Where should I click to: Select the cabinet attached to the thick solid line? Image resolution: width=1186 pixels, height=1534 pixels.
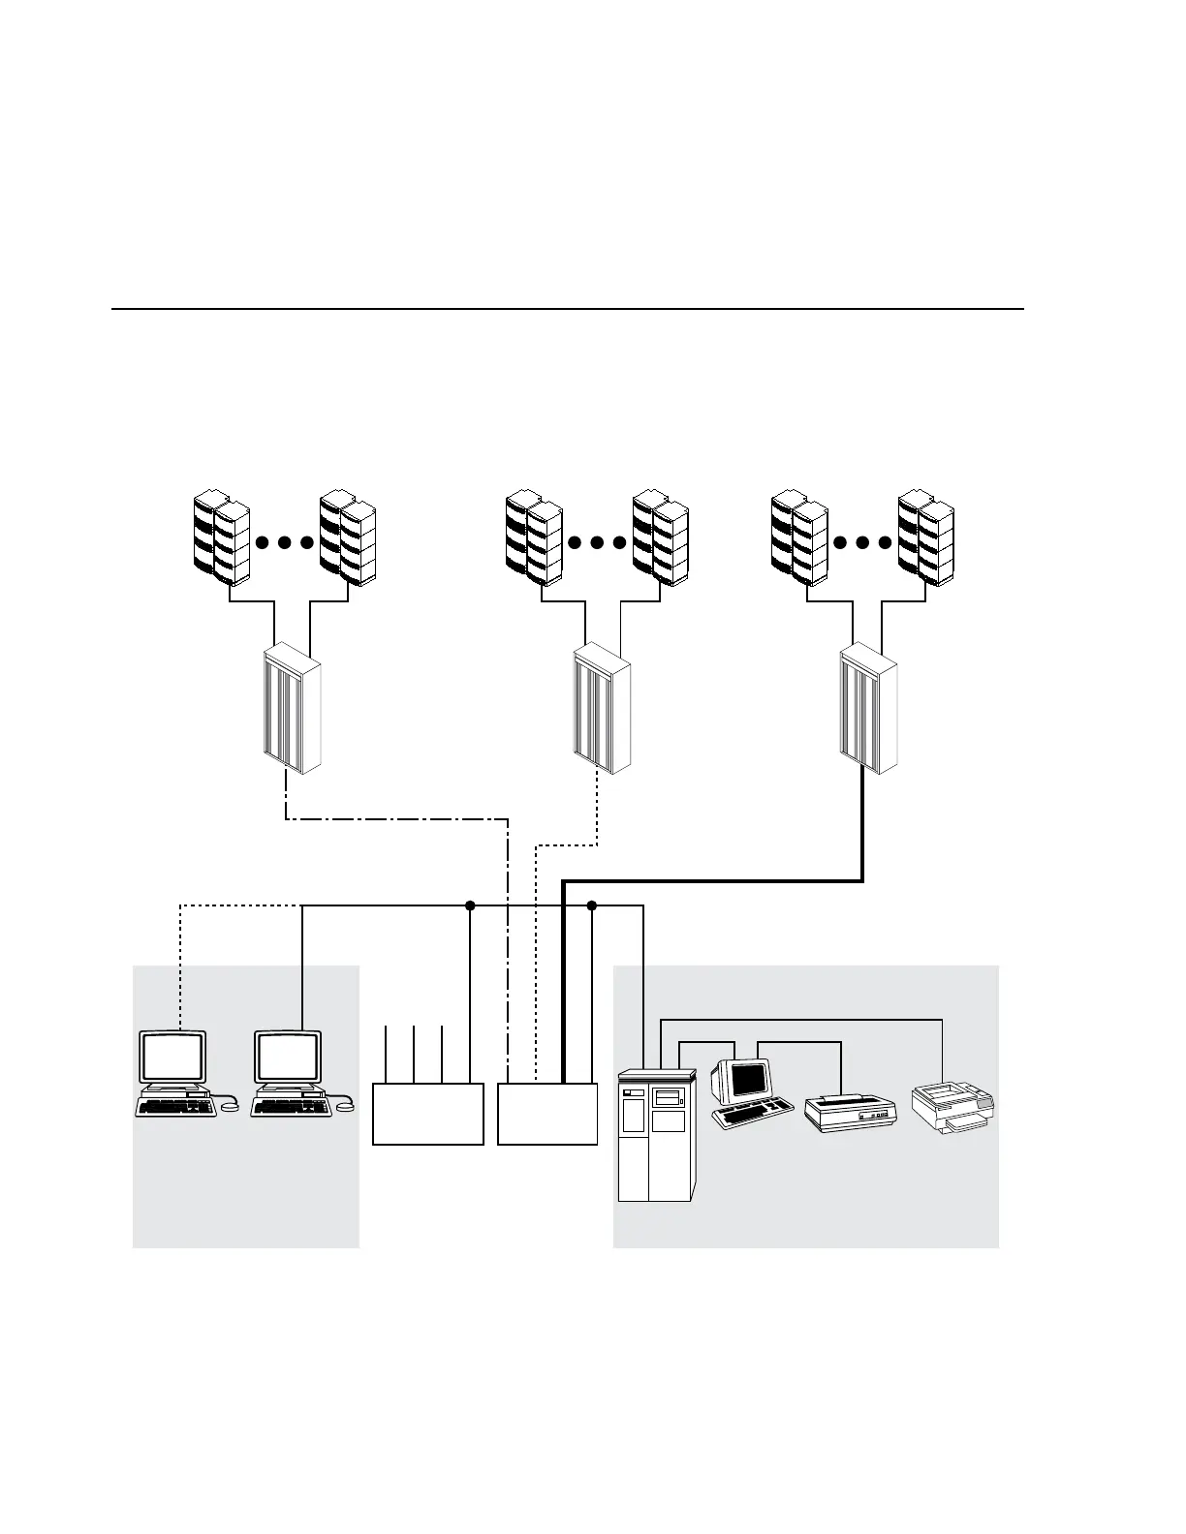[869, 710]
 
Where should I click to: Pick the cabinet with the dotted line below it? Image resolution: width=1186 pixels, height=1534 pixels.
[602, 710]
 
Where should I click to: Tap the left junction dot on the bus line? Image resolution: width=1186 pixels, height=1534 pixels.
[470, 905]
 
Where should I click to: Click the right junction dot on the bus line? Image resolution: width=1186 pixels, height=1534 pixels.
[592, 905]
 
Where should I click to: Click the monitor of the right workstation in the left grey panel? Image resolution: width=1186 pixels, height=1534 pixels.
[288, 1058]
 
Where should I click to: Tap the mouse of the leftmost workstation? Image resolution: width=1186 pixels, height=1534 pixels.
[230, 1106]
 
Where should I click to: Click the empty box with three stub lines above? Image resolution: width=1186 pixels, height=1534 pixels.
[427, 1114]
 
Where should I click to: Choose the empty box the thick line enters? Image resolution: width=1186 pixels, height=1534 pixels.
[547, 1114]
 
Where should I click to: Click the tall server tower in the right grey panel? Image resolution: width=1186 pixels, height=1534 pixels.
[656, 1134]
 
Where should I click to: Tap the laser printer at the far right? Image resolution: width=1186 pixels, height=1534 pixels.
[953, 1108]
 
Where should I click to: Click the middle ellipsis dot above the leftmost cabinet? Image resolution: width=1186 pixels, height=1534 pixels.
[285, 542]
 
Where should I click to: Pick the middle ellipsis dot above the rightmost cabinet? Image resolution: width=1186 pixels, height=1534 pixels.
[862, 542]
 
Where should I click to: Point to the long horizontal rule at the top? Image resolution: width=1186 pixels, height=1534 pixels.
[568, 310]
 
